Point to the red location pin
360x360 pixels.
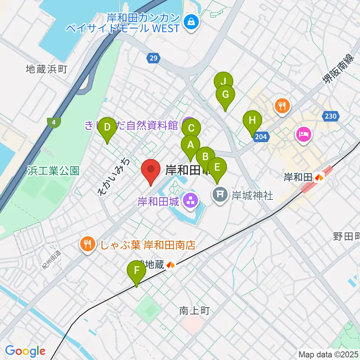click(x=151, y=171)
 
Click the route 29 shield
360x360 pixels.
click(x=153, y=58)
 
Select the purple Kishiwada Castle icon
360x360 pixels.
click(x=190, y=200)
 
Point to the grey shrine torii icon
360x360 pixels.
click(x=220, y=194)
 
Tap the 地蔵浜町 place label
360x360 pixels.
click(x=46, y=69)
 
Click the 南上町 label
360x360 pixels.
click(x=193, y=310)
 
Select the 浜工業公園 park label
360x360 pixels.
click(x=54, y=171)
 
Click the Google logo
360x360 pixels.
click(x=25, y=351)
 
